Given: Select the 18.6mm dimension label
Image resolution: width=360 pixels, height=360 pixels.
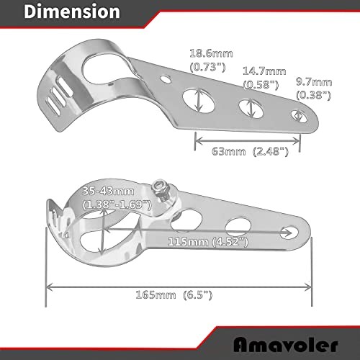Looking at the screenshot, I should click(207, 54).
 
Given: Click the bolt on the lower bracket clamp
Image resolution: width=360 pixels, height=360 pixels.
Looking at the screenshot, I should click(163, 189).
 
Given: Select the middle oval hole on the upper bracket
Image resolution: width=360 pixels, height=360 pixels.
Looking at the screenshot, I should click(250, 108).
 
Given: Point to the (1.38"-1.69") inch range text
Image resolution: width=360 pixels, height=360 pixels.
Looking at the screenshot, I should click(115, 204).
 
